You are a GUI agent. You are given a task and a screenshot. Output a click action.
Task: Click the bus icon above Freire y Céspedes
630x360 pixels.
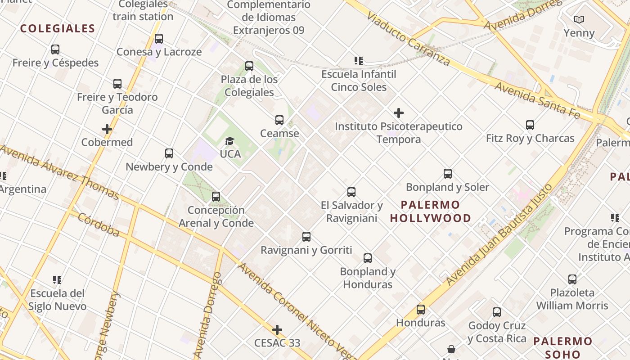[55, 49]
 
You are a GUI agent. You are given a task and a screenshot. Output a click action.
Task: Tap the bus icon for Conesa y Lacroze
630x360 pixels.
[158, 39]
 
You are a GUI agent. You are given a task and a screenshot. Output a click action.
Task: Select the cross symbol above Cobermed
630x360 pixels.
[107, 129]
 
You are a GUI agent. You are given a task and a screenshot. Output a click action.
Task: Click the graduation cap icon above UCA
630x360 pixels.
[230, 141]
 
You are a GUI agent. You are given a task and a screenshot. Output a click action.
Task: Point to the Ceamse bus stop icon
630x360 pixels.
[279, 120]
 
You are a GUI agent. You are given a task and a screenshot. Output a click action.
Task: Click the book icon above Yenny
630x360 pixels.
[579, 20]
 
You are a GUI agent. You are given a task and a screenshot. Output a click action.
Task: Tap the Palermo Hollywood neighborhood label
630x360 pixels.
[431, 211]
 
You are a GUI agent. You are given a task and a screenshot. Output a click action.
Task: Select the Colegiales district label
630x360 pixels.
[58, 29]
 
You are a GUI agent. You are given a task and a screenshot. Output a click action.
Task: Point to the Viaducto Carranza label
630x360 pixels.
[408, 38]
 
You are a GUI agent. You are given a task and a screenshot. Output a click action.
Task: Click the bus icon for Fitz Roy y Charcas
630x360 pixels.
[530, 125]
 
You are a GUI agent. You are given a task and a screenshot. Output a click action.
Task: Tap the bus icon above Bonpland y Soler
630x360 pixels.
[447, 174]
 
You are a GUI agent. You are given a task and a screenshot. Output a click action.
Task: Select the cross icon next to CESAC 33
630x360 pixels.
[277, 330]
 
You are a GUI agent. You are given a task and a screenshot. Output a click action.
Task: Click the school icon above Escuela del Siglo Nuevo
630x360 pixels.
[57, 280]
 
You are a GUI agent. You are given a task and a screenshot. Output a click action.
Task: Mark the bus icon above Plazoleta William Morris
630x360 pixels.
[572, 279]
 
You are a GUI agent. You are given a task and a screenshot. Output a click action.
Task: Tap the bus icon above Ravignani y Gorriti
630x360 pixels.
[306, 237]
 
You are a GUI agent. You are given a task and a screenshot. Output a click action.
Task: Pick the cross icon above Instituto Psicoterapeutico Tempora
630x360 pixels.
[398, 113]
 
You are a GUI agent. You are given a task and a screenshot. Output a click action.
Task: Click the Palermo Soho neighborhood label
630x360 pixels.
[562, 347]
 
